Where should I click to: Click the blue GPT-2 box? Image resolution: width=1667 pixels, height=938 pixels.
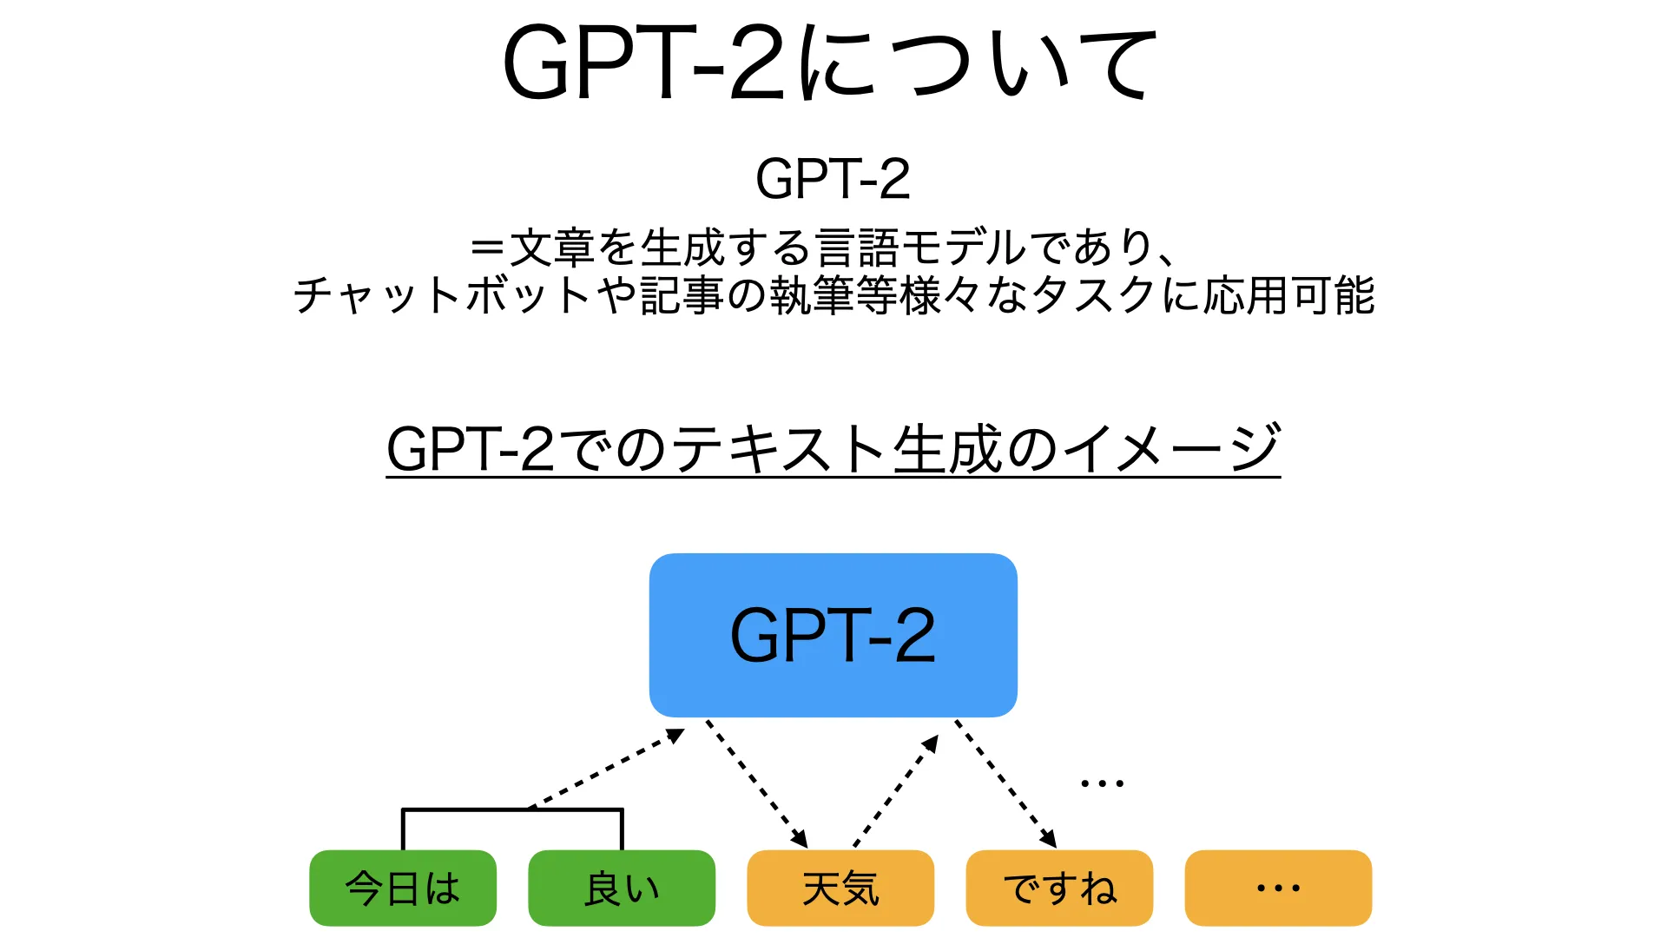(x=833, y=635)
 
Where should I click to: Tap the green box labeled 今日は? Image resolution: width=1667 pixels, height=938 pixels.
(x=403, y=888)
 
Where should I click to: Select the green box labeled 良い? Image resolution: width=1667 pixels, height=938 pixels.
(x=622, y=888)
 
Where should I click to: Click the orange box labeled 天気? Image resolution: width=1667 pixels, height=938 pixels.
(x=840, y=888)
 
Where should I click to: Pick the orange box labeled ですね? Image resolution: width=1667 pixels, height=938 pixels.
(x=1059, y=888)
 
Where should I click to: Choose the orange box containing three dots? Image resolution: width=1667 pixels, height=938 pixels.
(x=1278, y=888)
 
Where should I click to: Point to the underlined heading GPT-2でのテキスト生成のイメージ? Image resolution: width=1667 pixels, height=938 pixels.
(x=833, y=449)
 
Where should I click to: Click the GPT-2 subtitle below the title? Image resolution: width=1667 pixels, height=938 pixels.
(x=833, y=179)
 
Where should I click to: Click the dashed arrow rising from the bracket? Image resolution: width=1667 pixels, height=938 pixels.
(x=608, y=770)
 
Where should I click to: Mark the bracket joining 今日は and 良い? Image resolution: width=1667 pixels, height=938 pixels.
(x=512, y=811)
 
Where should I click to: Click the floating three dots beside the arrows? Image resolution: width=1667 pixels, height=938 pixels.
(x=1102, y=783)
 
